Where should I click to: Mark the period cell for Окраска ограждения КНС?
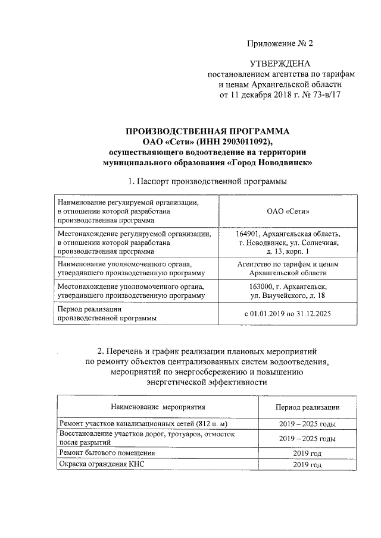pos(307,464)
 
